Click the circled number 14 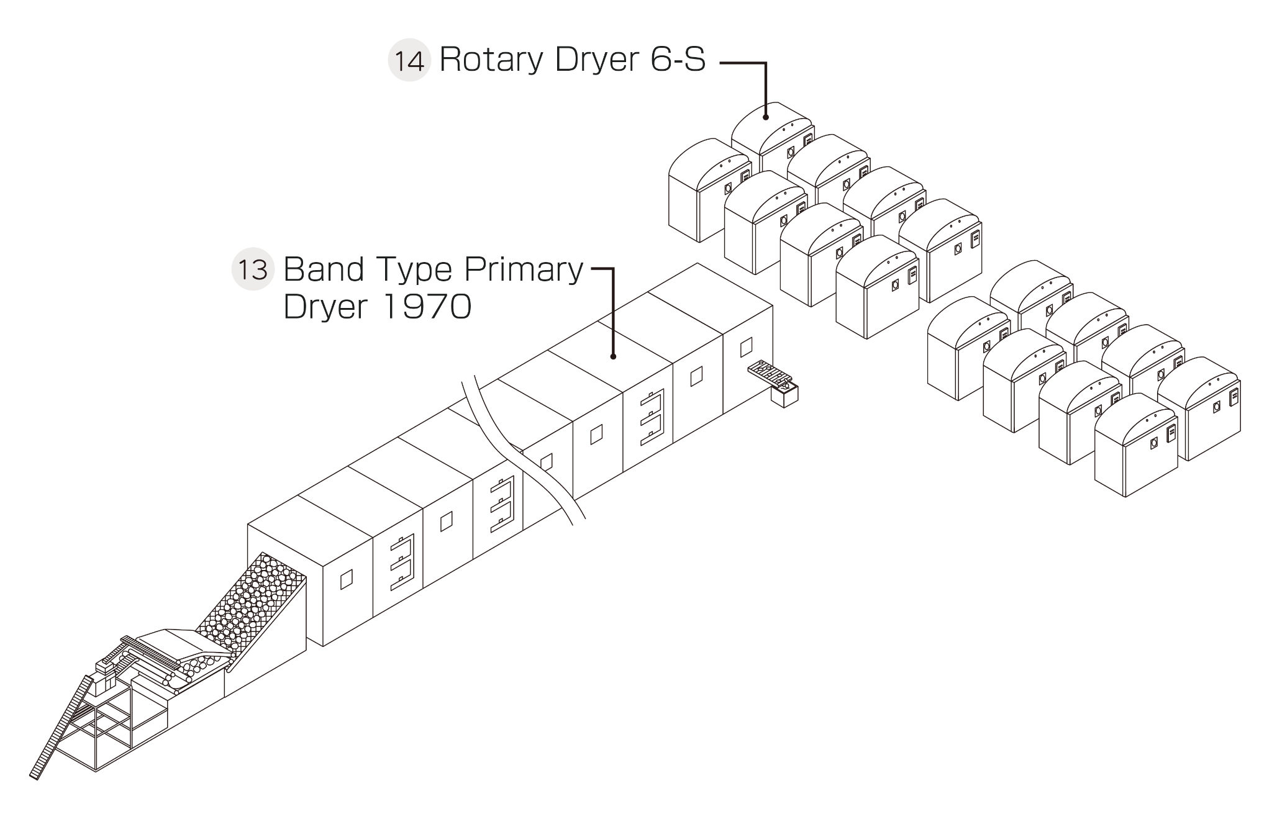pyautogui.click(x=409, y=61)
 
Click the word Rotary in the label pyautogui.click(x=491, y=60)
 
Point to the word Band pyautogui.click(x=324, y=269)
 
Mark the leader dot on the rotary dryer pyautogui.click(x=766, y=117)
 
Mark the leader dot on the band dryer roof pyautogui.click(x=613, y=356)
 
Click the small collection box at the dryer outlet pyautogui.click(x=784, y=395)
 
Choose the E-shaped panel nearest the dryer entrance pyautogui.click(x=401, y=563)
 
